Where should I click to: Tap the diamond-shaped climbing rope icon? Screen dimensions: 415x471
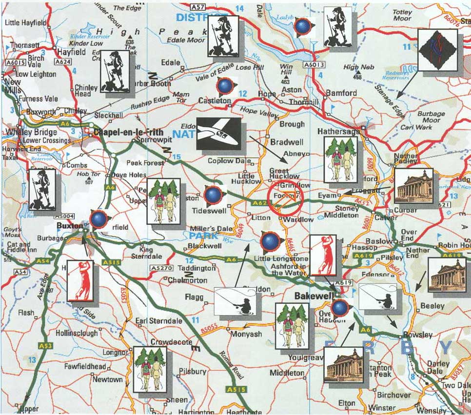tap(437, 49)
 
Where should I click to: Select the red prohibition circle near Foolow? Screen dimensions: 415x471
tap(287, 197)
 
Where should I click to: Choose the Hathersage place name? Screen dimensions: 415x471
tap(338, 132)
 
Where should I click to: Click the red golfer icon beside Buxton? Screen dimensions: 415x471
tap(80, 280)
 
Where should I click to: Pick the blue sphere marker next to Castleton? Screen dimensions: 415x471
tap(224, 86)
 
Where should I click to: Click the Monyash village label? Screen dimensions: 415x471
tap(246, 335)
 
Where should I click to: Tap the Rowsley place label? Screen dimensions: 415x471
tap(418, 335)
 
